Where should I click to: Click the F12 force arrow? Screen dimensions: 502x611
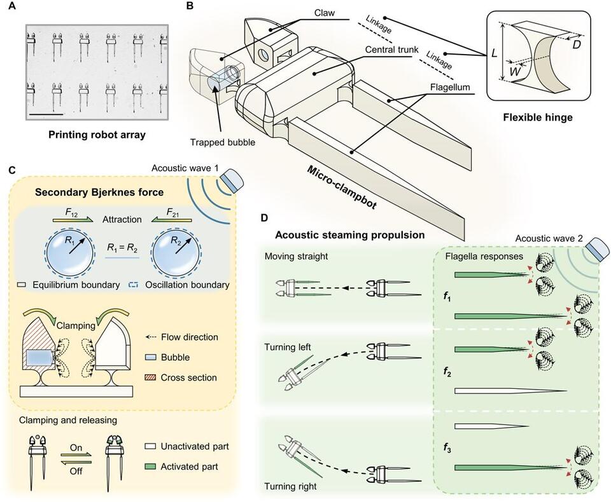click(71, 217)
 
